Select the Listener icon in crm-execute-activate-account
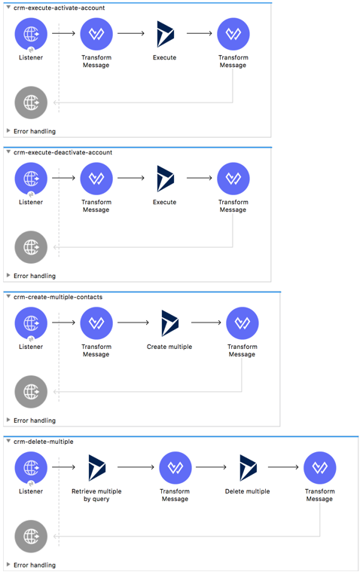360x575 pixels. [x=31, y=34]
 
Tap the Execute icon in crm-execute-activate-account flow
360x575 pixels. [x=165, y=34]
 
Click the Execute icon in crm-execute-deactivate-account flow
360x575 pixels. [x=165, y=179]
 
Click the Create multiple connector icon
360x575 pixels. [x=169, y=323]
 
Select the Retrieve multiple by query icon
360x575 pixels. [x=96, y=468]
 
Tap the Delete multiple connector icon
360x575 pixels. [x=248, y=468]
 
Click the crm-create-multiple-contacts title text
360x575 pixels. [x=58, y=297]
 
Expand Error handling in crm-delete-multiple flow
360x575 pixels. [x=34, y=564]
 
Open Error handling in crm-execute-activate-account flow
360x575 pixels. [x=34, y=131]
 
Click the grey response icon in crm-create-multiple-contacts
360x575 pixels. [x=31, y=392]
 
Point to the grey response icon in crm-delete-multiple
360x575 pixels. [x=31, y=537]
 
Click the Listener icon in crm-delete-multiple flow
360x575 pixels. [x=31, y=468]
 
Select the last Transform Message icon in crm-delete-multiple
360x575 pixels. [x=319, y=468]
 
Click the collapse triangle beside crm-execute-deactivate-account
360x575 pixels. [x=8, y=152]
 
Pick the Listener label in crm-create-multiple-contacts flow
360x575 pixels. [x=31, y=347]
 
